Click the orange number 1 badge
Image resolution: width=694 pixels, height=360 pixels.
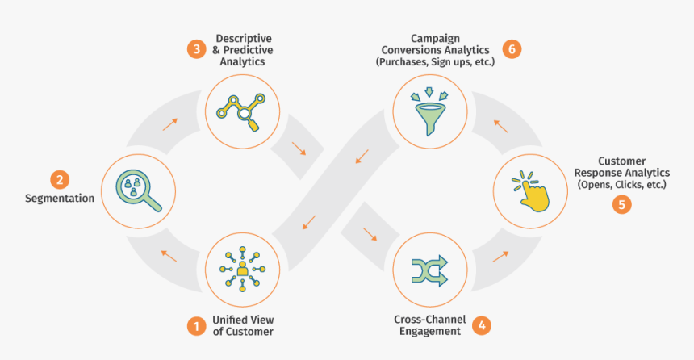click(x=195, y=326)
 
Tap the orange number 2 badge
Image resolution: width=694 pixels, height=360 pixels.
click(x=58, y=178)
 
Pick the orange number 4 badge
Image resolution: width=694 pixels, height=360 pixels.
click(x=481, y=325)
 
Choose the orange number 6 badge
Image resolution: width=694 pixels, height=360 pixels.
click(x=510, y=48)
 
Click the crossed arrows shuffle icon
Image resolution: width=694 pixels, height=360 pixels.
click(x=430, y=269)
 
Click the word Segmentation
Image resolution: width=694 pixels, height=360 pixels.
click(x=59, y=198)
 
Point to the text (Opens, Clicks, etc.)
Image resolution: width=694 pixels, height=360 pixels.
click(x=621, y=185)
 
